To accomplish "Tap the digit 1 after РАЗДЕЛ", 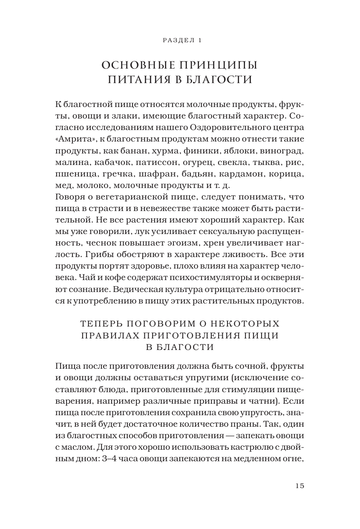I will [199, 40].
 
